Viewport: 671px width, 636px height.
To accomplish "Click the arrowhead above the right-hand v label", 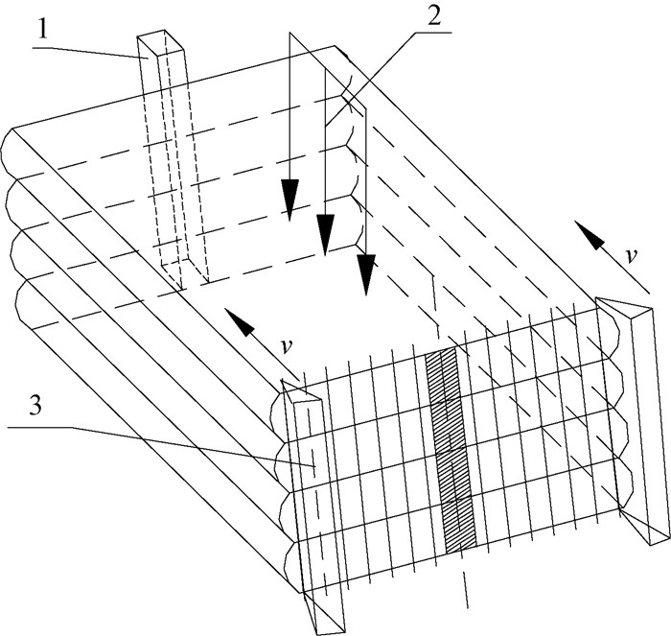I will tap(584, 231).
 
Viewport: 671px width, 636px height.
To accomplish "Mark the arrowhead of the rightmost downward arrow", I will tap(365, 276).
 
